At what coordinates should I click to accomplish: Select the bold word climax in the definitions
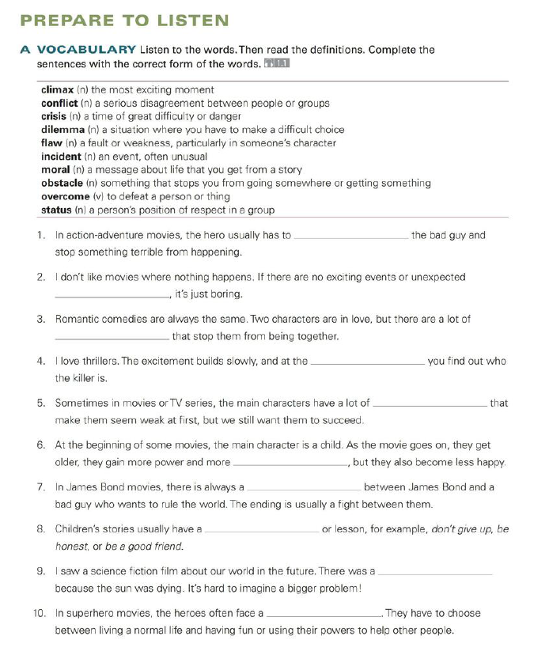click(x=57, y=90)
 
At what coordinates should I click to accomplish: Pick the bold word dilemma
click(x=62, y=130)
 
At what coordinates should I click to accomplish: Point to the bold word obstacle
click(x=62, y=183)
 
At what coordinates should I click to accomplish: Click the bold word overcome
click(x=65, y=196)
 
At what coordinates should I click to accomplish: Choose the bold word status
click(x=56, y=210)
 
